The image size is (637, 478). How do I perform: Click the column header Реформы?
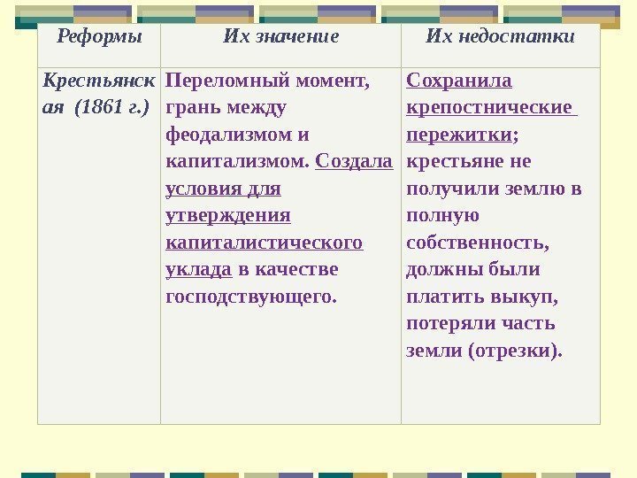coord(99,37)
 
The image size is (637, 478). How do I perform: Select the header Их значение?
coord(280,36)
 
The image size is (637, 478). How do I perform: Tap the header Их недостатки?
coord(500,36)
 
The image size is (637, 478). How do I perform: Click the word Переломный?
coord(227,81)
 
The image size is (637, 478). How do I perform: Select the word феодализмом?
coord(228,135)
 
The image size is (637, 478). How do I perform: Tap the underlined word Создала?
coord(354,161)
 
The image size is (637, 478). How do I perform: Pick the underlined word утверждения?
coord(228,215)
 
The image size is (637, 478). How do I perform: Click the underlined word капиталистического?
coord(265,243)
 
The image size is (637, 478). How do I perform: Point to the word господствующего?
coord(251,297)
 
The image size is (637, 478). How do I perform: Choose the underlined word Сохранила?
coord(459,80)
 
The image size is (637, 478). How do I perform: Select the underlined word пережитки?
coord(459,135)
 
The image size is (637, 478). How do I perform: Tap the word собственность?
coord(478,243)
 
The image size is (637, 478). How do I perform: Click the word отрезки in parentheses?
coord(516,351)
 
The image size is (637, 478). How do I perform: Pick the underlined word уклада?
coord(199,269)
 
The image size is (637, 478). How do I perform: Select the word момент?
coord(334,81)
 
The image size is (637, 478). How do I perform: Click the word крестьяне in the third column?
coord(455,161)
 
